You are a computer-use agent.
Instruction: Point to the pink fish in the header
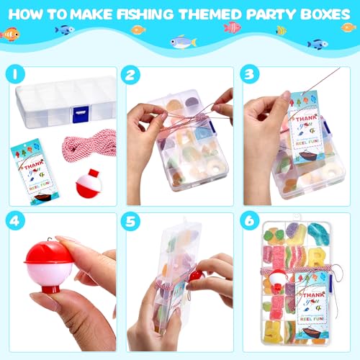tap(232, 27)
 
